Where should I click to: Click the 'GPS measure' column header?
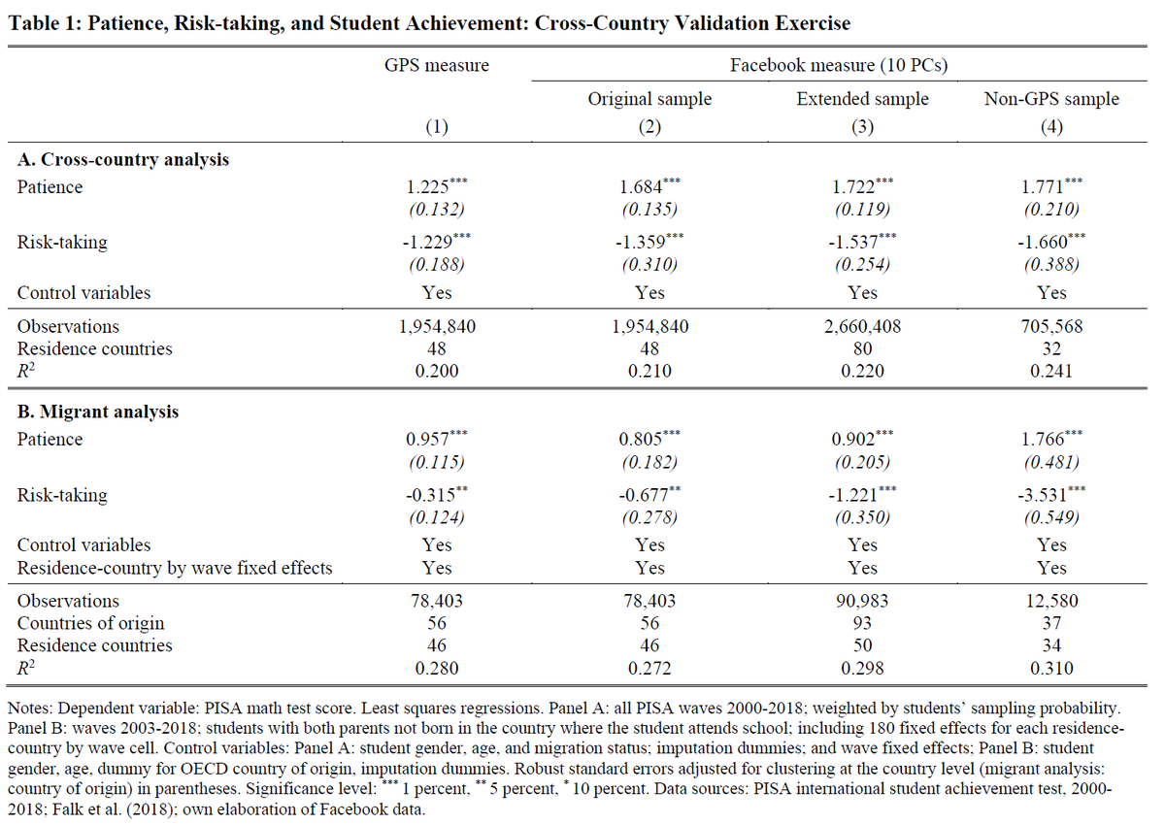[437, 66]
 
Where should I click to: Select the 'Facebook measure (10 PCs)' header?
[839, 66]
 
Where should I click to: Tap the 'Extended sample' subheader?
[862, 99]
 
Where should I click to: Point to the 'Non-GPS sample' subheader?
[1051, 99]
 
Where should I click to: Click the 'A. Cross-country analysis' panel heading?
[123, 159]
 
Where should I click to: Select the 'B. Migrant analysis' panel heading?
[98, 412]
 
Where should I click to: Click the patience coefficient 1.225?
[428, 187]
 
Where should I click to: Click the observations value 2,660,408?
[862, 327]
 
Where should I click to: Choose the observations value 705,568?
[1051, 327]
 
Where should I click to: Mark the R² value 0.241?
[1051, 370]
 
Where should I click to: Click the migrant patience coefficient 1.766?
[1044, 440]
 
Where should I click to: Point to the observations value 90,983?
[862, 602]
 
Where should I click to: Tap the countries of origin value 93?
[862, 623]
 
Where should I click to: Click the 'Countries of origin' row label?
[91, 623]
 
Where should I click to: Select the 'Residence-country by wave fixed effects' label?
[175, 568]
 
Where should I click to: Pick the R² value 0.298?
[862, 668]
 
